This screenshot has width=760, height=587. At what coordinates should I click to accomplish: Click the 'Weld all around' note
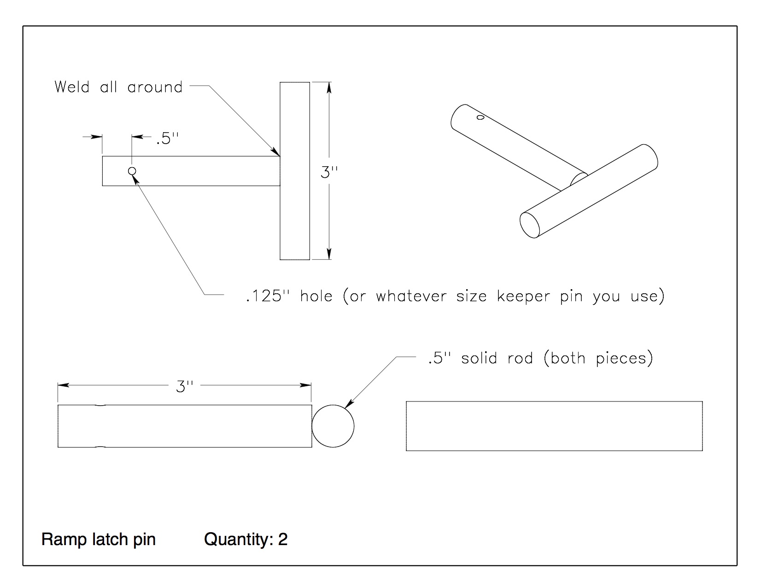118,87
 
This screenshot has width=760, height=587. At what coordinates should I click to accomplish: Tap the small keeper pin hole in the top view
132,171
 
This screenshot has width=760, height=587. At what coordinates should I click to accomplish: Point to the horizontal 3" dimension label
184,386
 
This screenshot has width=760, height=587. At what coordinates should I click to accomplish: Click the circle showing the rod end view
333,426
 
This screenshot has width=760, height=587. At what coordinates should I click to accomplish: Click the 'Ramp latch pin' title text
99,539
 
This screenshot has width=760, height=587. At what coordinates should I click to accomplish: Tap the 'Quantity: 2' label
246,539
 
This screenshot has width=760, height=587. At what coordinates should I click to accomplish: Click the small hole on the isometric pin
480,118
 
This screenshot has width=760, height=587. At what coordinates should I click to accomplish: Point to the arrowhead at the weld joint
276,152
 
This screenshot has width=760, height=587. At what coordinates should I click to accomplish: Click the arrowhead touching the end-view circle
348,404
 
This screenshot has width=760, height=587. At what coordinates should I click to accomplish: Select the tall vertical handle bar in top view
295,171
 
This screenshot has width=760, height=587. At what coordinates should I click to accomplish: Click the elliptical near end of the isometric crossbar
530,224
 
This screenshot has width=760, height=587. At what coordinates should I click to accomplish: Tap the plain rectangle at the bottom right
554,426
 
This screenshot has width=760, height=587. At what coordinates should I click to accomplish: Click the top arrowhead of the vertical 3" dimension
329,87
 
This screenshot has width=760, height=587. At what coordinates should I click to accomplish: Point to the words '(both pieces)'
598,358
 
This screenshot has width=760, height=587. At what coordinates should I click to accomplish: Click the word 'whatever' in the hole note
411,296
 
